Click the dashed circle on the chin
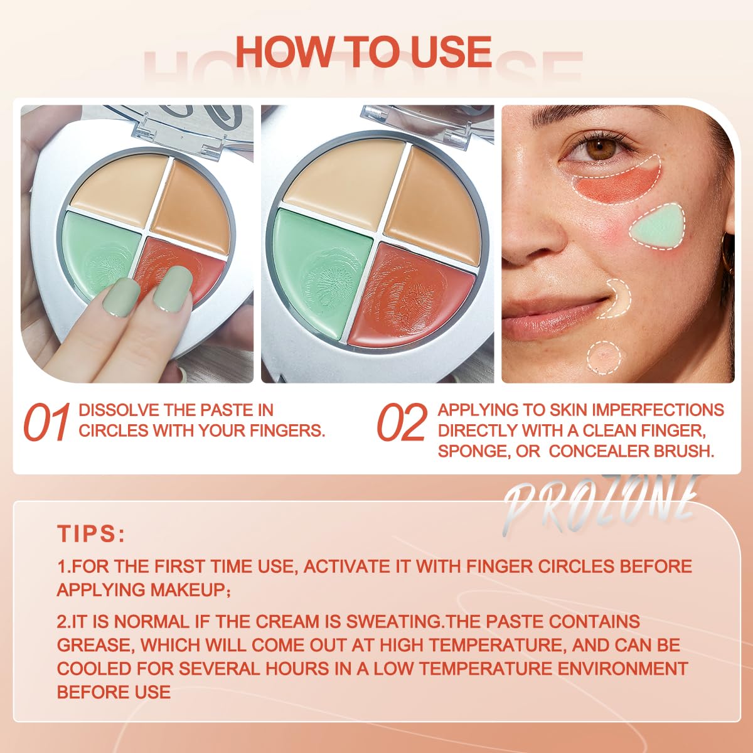604,358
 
